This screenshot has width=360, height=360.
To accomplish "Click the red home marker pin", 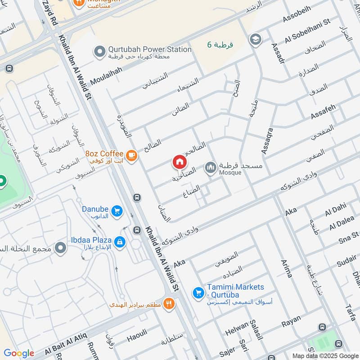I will coord(179,162).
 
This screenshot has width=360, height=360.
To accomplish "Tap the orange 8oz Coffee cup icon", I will coord(131,155).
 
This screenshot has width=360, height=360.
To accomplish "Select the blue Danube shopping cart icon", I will coord(117,210).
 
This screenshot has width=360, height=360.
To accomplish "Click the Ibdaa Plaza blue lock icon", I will coord(119,242).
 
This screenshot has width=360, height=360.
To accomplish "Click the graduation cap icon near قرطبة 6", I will coord(255,39).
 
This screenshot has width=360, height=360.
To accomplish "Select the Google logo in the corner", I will coord(19,353).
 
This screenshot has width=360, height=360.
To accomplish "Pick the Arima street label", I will coord(286,268).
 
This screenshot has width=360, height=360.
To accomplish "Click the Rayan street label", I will coord(291,324).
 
